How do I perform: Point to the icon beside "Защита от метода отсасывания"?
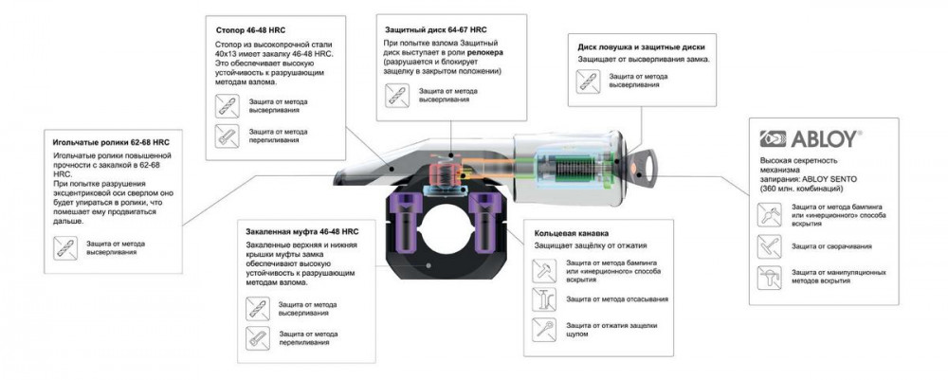coord(547,299)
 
